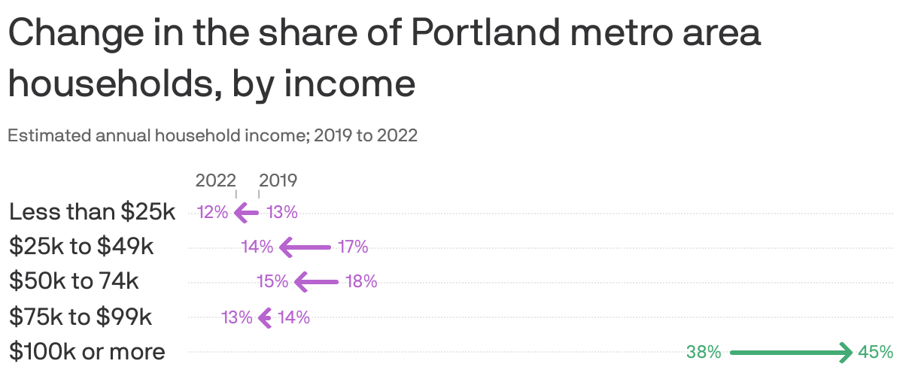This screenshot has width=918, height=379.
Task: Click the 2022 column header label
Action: pyautogui.click(x=215, y=180)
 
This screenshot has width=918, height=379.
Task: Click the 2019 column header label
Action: pyautogui.click(x=278, y=180)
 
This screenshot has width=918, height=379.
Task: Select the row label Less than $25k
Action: pyautogui.click(x=92, y=212)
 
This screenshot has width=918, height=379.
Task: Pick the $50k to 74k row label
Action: pyautogui.click(x=74, y=282)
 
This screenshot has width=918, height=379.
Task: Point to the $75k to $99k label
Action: pyautogui.click(x=81, y=317)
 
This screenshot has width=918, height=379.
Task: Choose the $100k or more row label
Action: pyautogui.click(x=87, y=351)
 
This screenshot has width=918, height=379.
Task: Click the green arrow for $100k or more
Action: pyautogui.click(x=790, y=351)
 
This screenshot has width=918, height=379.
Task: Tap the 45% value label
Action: pyautogui.click(x=875, y=351)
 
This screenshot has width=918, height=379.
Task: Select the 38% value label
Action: pyautogui.click(x=704, y=351)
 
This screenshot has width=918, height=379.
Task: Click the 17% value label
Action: pyautogui.click(x=352, y=247)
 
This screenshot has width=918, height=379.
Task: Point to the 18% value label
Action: pyautogui.click(x=361, y=282)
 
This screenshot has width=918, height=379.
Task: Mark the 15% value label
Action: pyautogui.click(x=272, y=282)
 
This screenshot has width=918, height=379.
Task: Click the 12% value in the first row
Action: pyautogui.click(x=212, y=212)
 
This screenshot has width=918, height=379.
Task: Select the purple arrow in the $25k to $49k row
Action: pyautogui.click(x=305, y=247)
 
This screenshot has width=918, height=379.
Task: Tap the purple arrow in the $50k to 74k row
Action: pyautogui.click(x=317, y=282)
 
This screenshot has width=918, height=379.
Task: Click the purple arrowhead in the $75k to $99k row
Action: pyautogui.click(x=264, y=317)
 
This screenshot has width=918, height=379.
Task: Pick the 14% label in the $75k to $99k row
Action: pyautogui.click(x=293, y=317)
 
